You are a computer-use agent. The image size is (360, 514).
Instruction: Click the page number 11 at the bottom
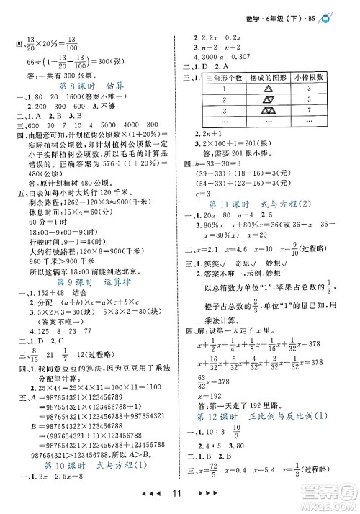[180, 497]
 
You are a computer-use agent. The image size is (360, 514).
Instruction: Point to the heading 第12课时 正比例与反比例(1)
[266, 415]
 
